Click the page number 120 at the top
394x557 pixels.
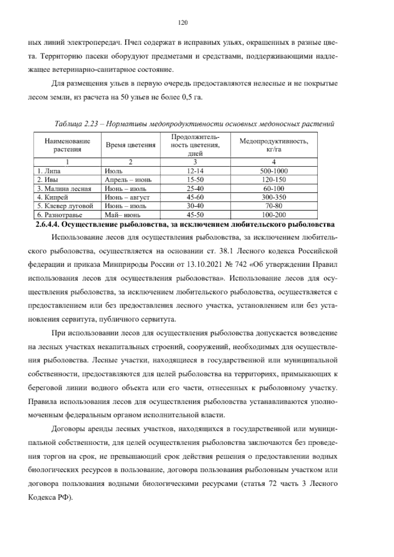coord(182,23)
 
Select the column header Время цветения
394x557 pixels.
coord(130,145)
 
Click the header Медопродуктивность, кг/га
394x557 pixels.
coord(274,145)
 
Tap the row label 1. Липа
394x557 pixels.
coord(49,171)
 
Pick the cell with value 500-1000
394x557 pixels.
coord(274,171)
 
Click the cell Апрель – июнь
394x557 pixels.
coord(128,180)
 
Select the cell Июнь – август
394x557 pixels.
coord(127,197)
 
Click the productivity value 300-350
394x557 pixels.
coord(274,197)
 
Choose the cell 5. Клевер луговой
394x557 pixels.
coord(65,206)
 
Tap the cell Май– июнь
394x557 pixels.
coord(122,215)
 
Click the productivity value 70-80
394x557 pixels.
coord(274,206)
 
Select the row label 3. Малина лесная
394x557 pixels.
coord(64,189)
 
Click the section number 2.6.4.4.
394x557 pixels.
coord(47,225)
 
